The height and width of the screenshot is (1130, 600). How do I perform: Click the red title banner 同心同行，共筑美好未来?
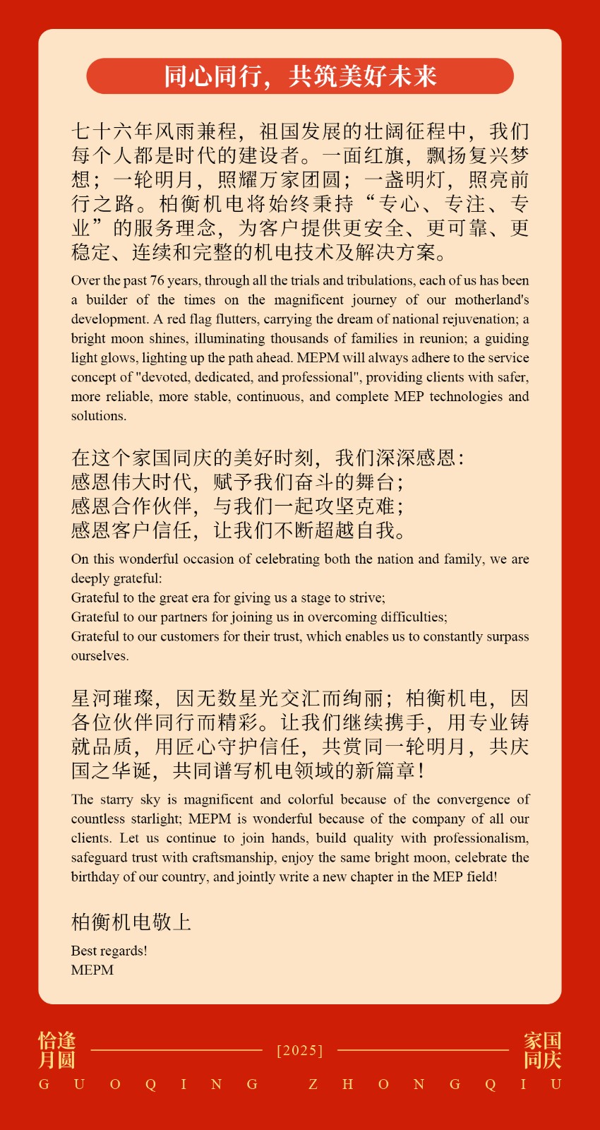click(x=300, y=76)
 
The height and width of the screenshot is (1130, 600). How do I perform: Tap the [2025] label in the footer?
click(x=300, y=1050)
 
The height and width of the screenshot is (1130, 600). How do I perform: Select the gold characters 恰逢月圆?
click(x=56, y=1050)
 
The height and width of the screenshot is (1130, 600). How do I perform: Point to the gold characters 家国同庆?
click(x=542, y=1050)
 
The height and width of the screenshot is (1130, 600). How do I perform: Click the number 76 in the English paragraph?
click(x=157, y=280)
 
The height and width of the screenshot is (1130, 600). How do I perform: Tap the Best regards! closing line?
click(x=109, y=951)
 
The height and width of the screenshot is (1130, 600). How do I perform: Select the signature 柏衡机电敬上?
click(x=131, y=922)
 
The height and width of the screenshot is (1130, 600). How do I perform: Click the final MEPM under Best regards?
click(x=92, y=970)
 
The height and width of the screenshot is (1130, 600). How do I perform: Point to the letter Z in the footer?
click(x=313, y=1084)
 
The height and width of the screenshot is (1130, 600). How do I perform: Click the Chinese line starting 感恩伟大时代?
click(x=237, y=482)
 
